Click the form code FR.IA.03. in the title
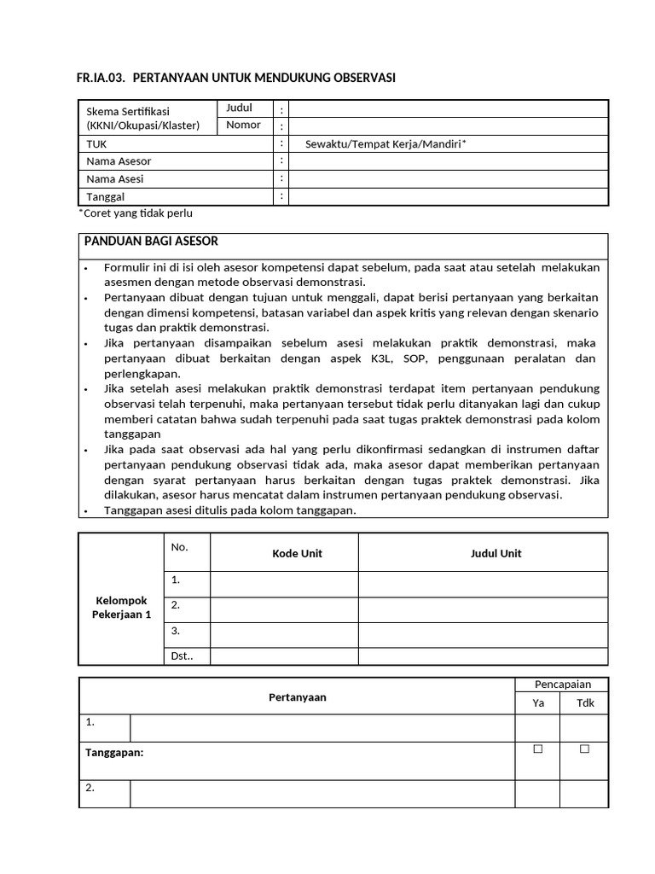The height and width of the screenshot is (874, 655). [x=101, y=79]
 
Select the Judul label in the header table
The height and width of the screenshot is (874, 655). [x=239, y=108]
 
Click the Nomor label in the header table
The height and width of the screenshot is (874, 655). [x=243, y=125]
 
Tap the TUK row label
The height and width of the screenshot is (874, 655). [x=96, y=143]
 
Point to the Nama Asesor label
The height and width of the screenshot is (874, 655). [x=119, y=161]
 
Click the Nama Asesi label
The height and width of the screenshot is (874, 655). [x=114, y=179]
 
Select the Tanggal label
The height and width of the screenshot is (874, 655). [x=106, y=197]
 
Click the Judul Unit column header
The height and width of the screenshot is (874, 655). [x=496, y=553]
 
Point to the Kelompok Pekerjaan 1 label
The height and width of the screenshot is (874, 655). [x=121, y=608]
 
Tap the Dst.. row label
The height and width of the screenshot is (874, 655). [x=182, y=656]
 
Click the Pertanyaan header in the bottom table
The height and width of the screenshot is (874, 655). [x=297, y=697]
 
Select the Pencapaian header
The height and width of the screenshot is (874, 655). [x=562, y=685]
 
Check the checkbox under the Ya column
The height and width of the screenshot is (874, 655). [x=537, y=749]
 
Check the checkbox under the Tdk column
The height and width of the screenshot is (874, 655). [x=584, y=749]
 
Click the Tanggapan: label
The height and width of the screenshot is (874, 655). [x=114, y=753]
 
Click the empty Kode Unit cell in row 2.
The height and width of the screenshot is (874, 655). [x=284, y=609]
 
